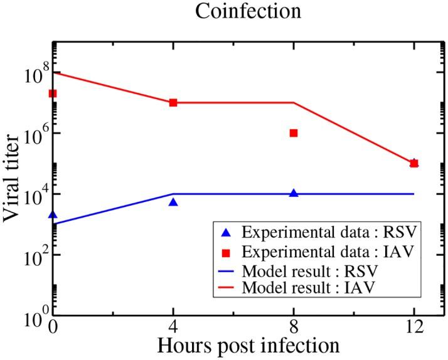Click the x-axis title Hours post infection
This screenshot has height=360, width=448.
(249, 344)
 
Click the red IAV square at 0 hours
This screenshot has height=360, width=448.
(53, 93)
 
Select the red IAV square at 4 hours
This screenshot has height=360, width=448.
(173, 102)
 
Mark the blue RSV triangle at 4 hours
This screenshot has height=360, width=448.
(173, 202)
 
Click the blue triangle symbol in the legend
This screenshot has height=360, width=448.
(227, 233)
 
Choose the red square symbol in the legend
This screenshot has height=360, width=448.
(227, 252)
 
